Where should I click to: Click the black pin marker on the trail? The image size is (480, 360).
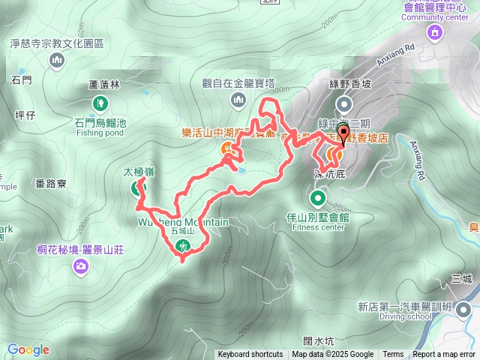click(x=344, y=136)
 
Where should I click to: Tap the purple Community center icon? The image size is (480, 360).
click(x=434, y=32)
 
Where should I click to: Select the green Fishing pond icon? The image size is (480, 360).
click(x=100, y=103)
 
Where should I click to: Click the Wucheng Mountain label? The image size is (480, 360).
click(x=183, y=222)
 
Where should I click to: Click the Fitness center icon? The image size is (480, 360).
click(x=318, y=199)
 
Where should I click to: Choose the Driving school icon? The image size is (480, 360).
click(x=463, y=308)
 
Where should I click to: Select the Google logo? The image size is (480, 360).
click(x=28, y=349)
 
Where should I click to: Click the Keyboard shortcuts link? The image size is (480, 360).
click(x=250, y=355)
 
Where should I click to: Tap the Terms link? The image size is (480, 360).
click(x=393, y=355)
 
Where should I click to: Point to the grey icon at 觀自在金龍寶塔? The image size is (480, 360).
click(x=238, y=99)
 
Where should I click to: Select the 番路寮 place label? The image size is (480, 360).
click(x=51, y=182)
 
